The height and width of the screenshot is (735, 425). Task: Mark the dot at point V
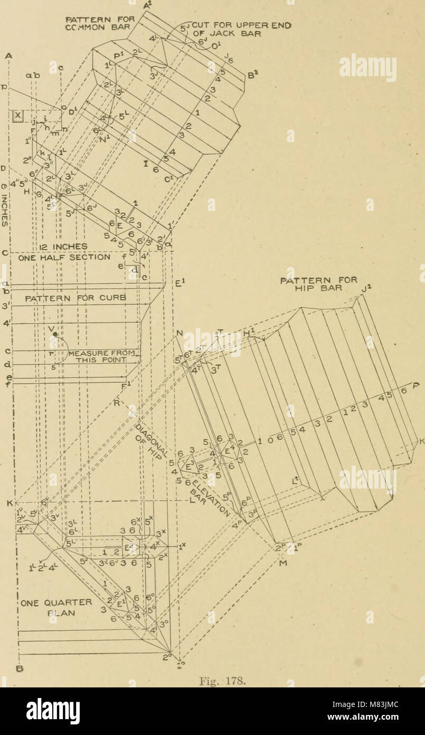pyautogui.click(x=55, y=334)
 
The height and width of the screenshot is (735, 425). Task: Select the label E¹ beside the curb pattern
pyautogui.click(x=178, y=282)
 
